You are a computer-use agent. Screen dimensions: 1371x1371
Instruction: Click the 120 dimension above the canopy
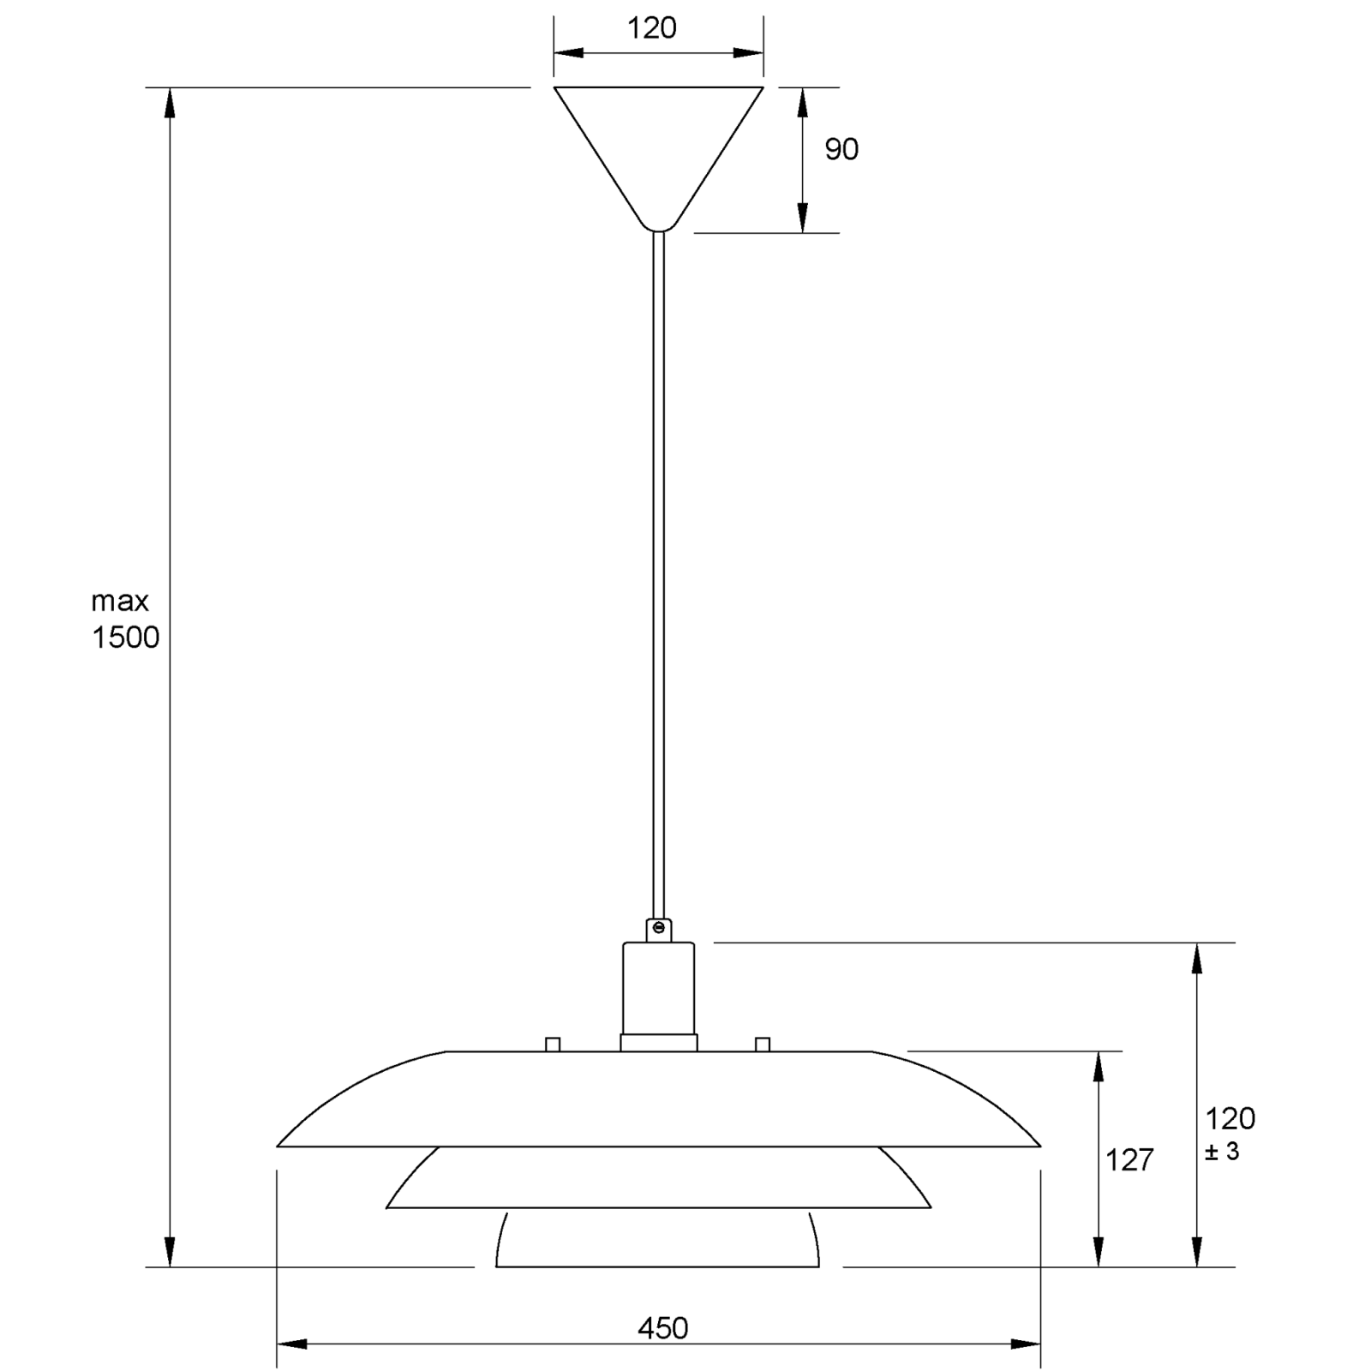tap(652, 29)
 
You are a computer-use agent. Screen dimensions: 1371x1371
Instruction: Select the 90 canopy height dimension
tap(841, 150)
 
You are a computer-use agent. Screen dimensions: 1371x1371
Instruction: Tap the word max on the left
tap(120, 602)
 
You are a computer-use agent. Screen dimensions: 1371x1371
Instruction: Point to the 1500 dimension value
tap(125, 638)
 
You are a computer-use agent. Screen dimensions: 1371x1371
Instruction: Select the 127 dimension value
tap(1129, 1160)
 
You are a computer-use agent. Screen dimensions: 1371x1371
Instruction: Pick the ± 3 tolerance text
tap(1222, 1152)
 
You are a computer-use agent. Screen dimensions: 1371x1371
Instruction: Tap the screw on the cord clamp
tap(658, 927)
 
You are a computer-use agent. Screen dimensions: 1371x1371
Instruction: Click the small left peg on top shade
tap(553, 1044)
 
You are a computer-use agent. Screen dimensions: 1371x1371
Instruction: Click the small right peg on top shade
tap(763, 1044)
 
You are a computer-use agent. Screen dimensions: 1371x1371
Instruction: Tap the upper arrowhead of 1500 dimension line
tap(170, 103)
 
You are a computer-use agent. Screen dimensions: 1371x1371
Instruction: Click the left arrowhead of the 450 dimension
tap(292, 1344)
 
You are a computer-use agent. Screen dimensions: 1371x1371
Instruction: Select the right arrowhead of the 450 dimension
tap(1026, 1344)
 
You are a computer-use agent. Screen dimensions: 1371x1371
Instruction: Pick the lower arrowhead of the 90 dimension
tap(803, 218)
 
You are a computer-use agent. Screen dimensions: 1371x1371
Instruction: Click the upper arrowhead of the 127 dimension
tap(1098, 1066)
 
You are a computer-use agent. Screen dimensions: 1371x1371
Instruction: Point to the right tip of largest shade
tap(1039, 1146)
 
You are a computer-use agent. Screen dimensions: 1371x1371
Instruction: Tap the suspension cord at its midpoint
tap(658, 574)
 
